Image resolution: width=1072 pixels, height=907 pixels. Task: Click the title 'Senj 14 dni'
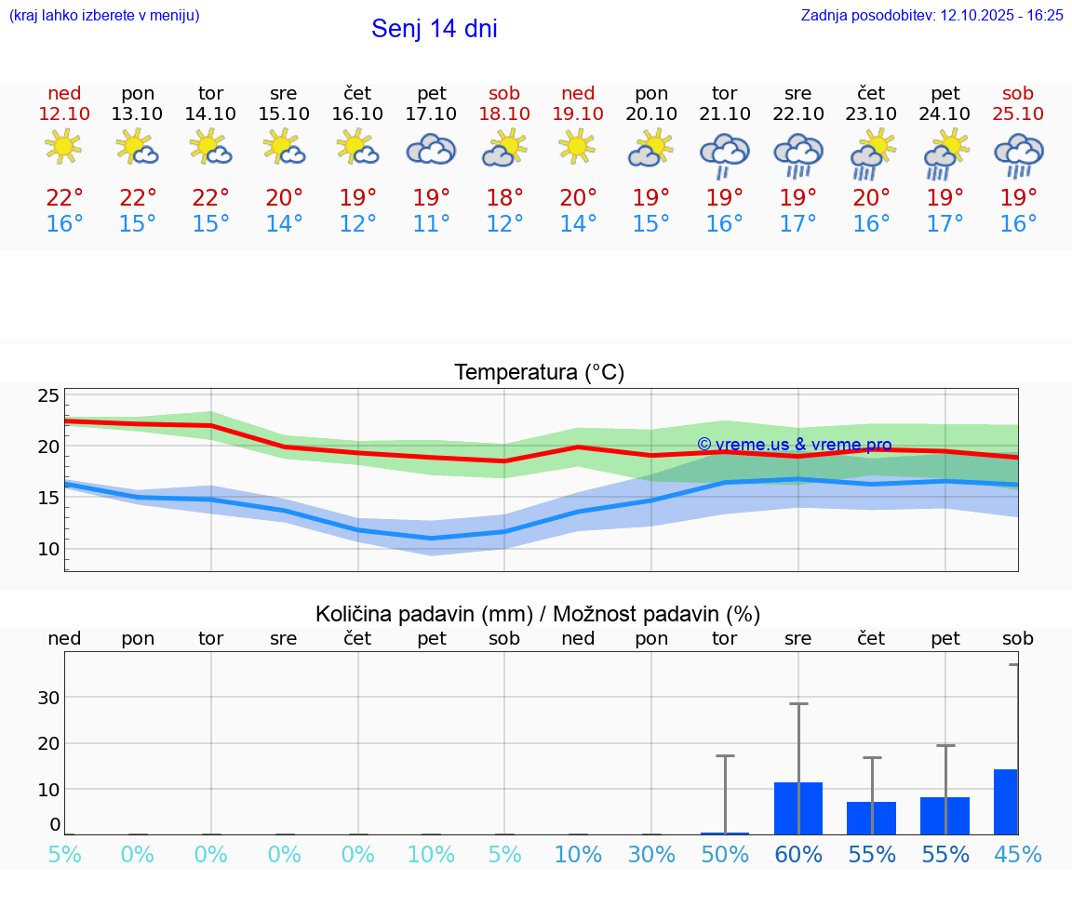pos(434,29)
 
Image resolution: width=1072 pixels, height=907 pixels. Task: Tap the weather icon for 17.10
pos(431,150)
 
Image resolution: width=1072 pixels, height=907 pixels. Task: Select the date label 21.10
pos(725,113)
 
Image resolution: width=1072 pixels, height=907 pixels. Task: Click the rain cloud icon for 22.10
pos(798,154)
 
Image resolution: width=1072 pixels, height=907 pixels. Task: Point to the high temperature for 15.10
pos(284,197)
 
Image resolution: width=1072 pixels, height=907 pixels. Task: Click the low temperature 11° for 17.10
pos(431,224)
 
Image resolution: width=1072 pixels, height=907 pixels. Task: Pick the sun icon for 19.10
pos(578,147)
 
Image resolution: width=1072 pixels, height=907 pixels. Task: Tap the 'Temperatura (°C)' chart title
pos(539,372)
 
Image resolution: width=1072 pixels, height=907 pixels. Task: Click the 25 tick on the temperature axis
pos(48,395)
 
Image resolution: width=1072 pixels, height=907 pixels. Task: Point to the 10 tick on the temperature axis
pos(48,549)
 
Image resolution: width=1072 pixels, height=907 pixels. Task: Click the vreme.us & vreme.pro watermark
pos(794,445)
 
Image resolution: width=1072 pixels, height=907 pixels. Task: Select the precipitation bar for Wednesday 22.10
pos(798,808)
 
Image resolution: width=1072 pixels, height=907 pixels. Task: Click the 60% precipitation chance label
pos(798,855)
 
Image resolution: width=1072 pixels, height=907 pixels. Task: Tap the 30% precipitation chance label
pos(651,855)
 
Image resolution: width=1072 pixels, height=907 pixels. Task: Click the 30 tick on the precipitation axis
pos(48,698)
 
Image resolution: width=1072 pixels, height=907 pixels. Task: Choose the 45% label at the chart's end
pos(1018,855)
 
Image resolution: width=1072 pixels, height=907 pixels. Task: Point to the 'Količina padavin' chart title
pos(538,614)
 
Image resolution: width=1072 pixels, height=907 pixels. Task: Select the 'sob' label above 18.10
pos(504,93)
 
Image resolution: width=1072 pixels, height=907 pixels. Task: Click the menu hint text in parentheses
pos(104,15)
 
